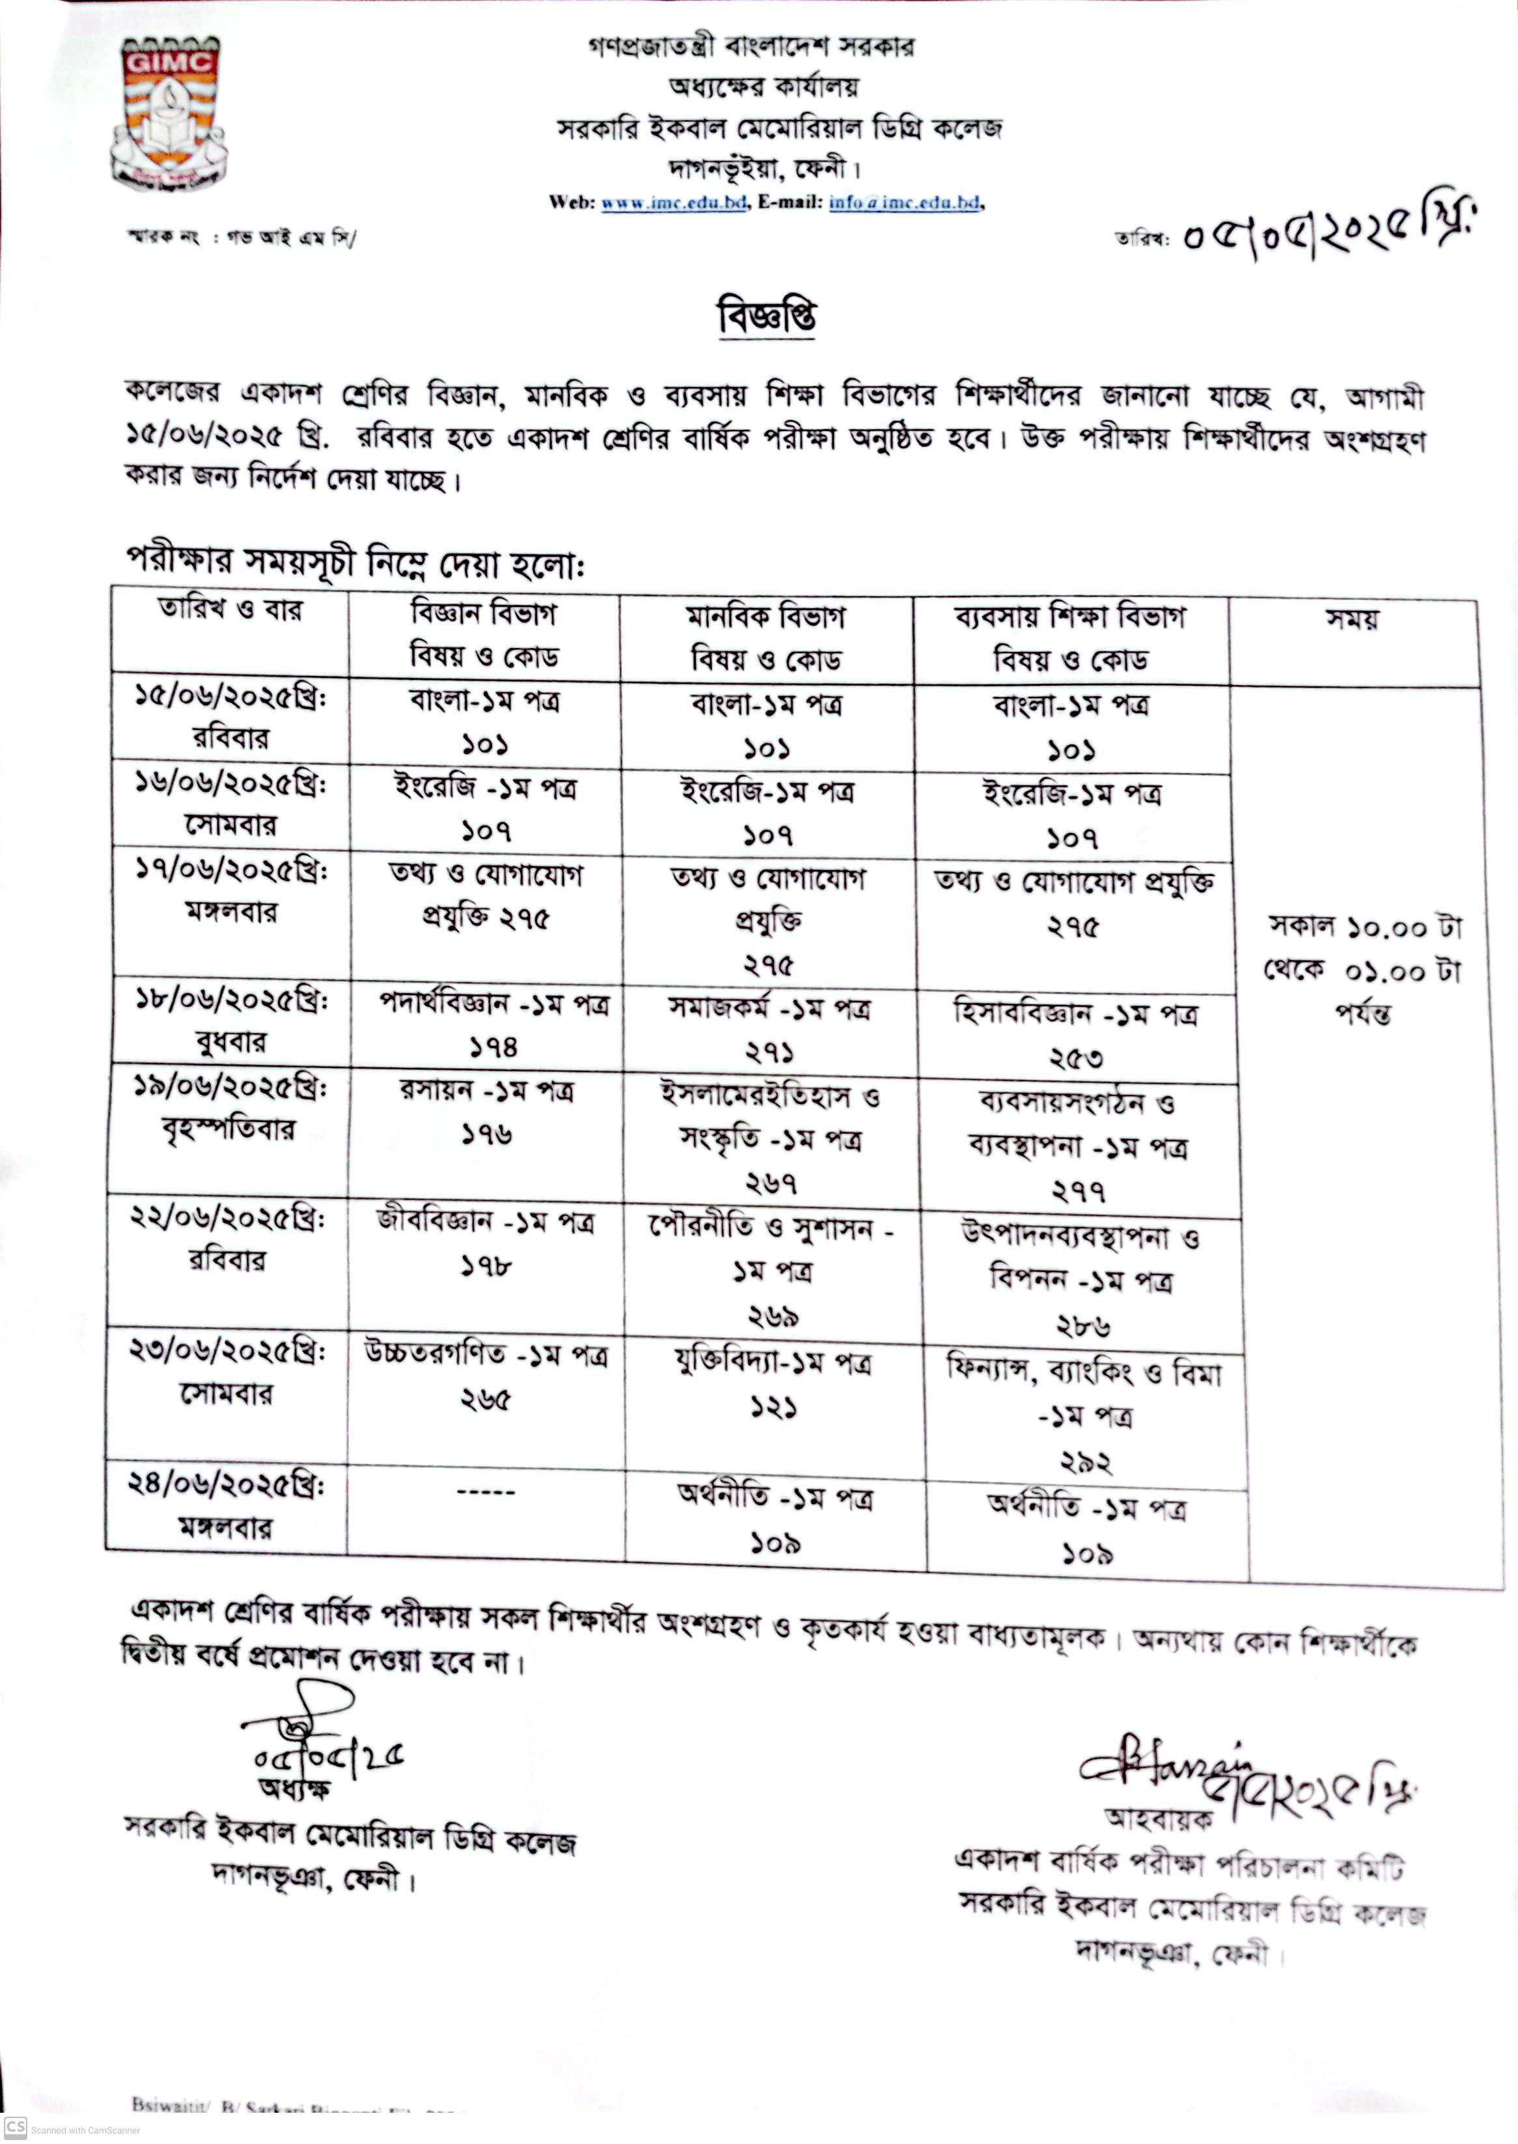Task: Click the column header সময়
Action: (x=1353, y=620)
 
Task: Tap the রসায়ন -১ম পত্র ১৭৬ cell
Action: (x=486, y=1112)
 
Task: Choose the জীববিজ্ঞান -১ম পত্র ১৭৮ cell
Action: (x=486, y=1243)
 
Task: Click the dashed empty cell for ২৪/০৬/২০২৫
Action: (x=486, y=1491)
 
